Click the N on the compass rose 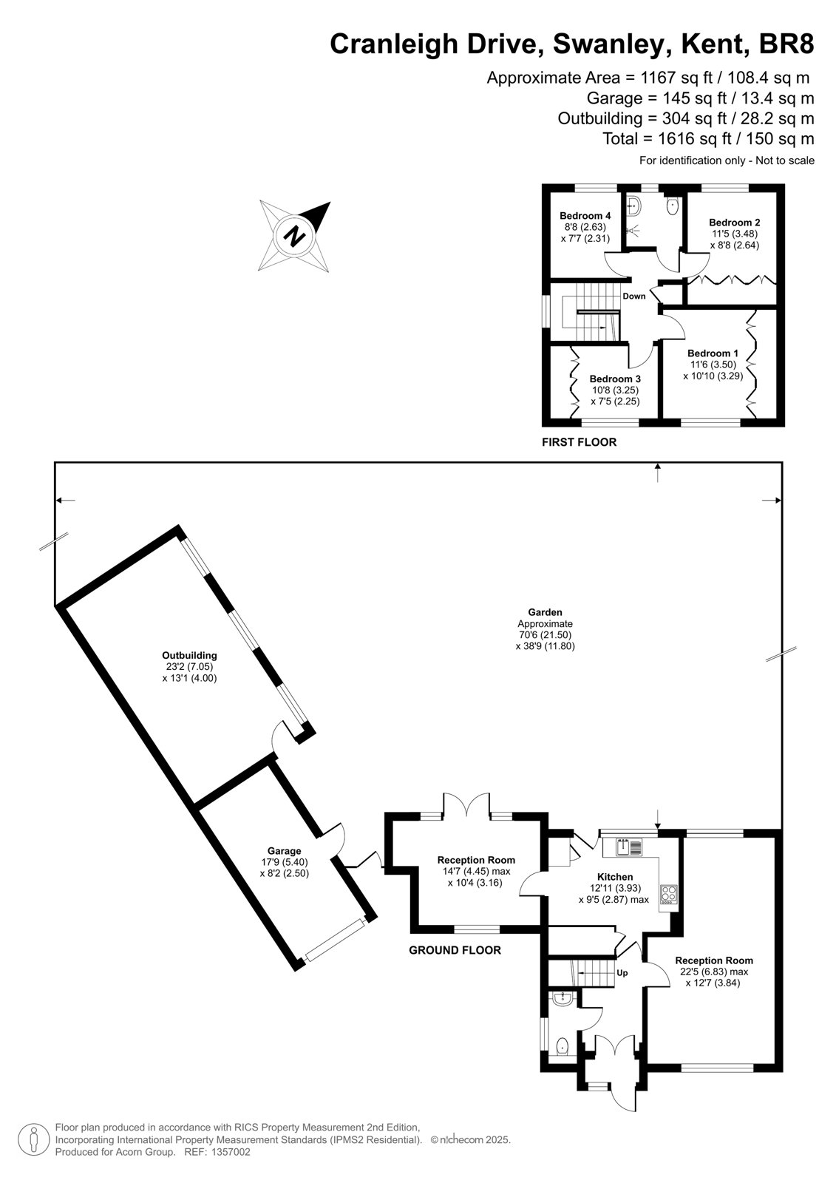point(295,236)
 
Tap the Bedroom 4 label point(585,215)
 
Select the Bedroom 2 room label point(735,223)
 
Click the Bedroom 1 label point(713,353)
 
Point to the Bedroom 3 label point(615,379)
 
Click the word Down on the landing point(633,296)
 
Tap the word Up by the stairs point(622,973)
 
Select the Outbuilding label point(189,655)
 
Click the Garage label point(284,851)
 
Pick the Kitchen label point(615,877)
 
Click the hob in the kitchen point(669,895)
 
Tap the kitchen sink point(629,847)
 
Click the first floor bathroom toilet point(673,206)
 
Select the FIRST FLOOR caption point(579,442)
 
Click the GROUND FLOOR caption point(455,950)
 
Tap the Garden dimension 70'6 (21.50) point(545,635)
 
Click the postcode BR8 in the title point(786,44)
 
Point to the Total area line point(708,139)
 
